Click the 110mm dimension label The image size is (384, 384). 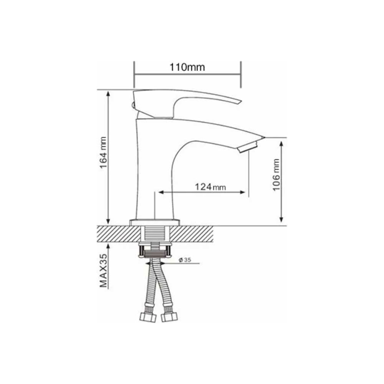[187, 67]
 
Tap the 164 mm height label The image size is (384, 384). [103, 152]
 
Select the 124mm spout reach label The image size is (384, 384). [210, 187]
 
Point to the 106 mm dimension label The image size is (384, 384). [276, 175]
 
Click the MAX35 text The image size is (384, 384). [103, 270]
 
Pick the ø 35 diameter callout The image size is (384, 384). [185, 260]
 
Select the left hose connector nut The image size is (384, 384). [148, 318]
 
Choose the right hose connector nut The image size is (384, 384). [169, 317]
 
